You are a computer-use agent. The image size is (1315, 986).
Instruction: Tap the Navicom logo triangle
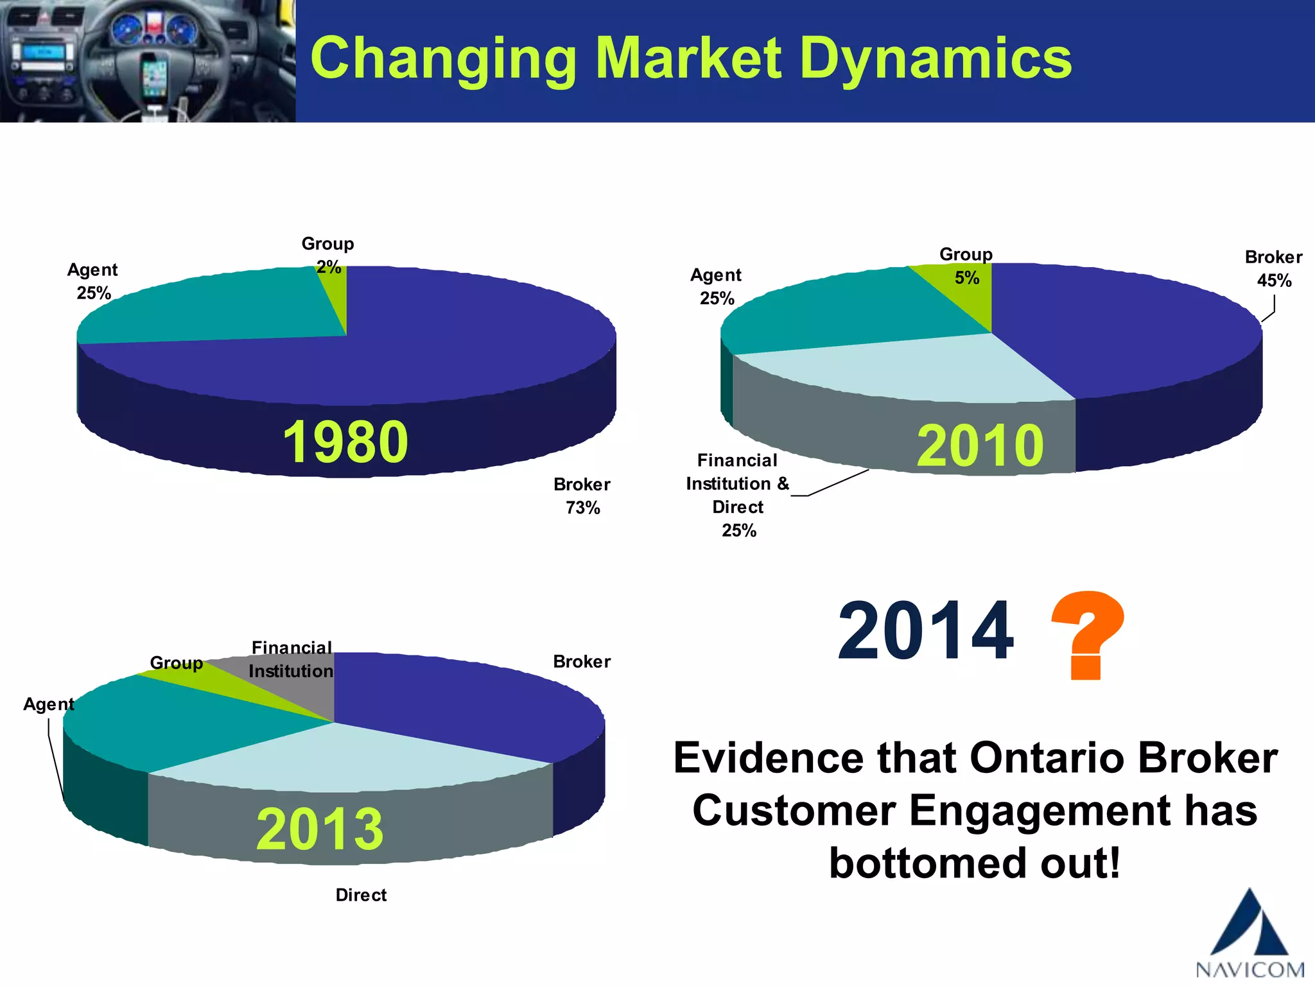[1250, 924]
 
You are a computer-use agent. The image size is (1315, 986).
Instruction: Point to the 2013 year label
[320, 829]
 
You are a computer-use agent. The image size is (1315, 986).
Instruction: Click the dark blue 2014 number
[925, 630]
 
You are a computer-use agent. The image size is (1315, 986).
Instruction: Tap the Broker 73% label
[582, 496]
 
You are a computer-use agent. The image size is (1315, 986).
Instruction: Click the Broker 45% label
[1273, 268]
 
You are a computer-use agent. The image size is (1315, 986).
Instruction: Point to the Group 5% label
[966, 266]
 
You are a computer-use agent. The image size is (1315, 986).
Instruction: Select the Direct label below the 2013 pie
[361, 895]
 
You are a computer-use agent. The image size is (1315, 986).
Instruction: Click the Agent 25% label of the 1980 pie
[93, 281]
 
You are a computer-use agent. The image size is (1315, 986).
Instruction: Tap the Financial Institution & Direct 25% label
[737, 495]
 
